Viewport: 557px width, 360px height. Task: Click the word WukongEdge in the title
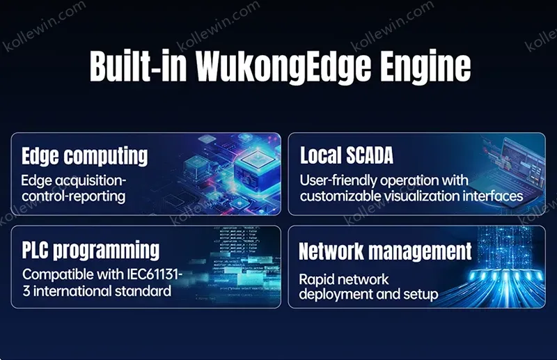(283, 67)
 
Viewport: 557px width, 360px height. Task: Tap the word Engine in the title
(425, 67)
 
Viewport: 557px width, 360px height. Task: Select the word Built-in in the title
(138, 65)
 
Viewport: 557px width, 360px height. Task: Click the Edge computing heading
(84, 157)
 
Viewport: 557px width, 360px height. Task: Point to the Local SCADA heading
(347, 155)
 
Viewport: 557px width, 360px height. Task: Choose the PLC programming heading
(91, 250)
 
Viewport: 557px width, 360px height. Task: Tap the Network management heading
(386, 251)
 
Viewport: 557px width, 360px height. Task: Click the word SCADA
(370, 155)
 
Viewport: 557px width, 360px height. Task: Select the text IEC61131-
(155, 274)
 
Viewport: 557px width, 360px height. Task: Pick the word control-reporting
(74, 196)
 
